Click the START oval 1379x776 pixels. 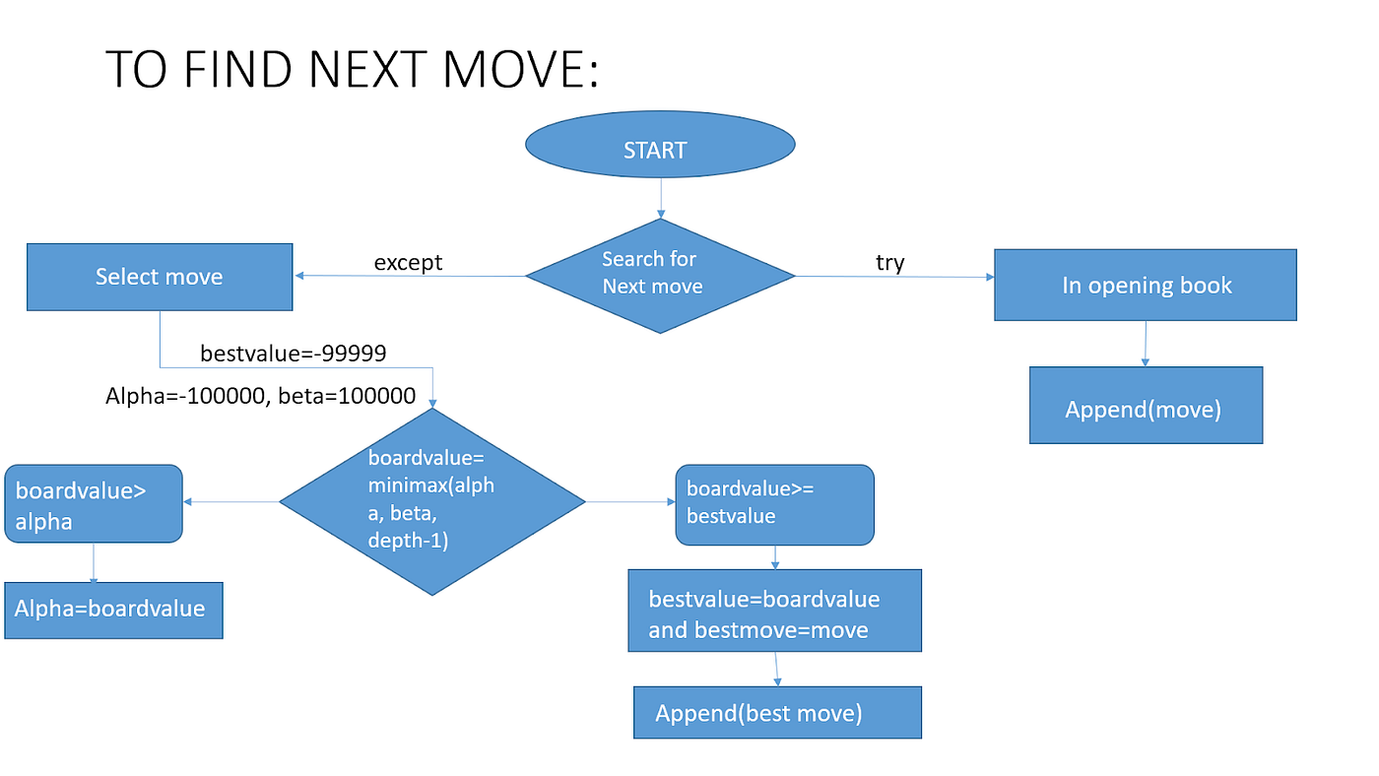coord(660,150)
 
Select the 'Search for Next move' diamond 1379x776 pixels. coord(660,275)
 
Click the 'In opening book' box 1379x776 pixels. coord(1145,285)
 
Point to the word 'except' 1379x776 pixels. coord(408,262)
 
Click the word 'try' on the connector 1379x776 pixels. coord(889,262)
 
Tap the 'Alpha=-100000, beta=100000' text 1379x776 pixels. coord(260,397)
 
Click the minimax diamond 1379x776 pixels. coord(432,501)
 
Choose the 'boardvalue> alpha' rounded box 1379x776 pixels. coord(93,503)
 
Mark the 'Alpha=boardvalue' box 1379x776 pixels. coord(113,610)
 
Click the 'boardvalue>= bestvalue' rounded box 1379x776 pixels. coord(774,504)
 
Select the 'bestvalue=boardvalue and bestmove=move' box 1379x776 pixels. coord(774,611)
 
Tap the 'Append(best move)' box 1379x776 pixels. coord(777,713)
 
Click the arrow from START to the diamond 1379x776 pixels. coord(660,197)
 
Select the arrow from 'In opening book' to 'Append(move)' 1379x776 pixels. coord(1145,344)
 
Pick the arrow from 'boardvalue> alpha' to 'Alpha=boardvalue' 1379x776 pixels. coord(94,562)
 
